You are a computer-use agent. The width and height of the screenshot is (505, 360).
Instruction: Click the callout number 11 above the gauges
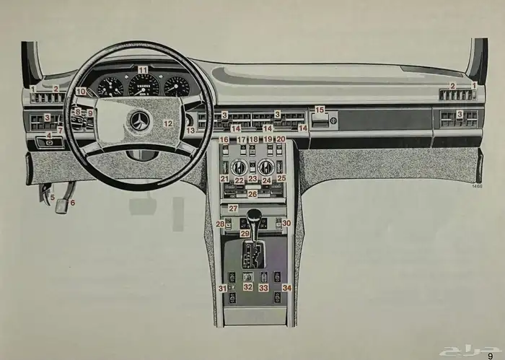point(143,70)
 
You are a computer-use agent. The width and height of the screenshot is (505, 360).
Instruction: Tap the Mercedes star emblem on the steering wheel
point(139,121)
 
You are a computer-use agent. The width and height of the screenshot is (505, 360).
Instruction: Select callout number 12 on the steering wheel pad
point(167,124)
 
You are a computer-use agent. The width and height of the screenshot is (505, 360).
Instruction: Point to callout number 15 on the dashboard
point(320,110)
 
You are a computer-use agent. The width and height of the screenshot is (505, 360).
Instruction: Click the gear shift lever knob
point(253,216)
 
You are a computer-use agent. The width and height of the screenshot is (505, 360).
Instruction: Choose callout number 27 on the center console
point(233,208)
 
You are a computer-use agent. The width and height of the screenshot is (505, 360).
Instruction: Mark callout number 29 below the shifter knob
point(245,234)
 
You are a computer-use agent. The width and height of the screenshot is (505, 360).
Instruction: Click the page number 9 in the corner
point(491,354)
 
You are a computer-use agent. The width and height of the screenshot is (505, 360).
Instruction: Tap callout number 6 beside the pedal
point(72,203)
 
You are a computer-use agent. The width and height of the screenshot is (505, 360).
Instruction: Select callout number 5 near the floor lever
point(52,197)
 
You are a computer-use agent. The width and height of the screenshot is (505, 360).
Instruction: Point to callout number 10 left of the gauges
point(81,92)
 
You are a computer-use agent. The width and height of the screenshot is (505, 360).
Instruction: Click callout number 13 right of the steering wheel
point(190,131)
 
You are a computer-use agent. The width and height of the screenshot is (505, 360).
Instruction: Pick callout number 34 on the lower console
point(287,288)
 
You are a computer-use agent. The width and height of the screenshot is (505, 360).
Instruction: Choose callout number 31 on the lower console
point(223,289)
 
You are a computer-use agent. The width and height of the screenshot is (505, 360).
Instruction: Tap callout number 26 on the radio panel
point(252,194)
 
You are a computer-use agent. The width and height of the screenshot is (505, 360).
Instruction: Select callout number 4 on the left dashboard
point(49,135)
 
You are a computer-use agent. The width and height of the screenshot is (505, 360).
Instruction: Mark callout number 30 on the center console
point(286,224)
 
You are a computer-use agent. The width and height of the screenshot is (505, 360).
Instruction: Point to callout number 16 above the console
point(224,139)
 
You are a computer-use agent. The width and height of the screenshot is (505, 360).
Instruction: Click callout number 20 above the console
point(281,139)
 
